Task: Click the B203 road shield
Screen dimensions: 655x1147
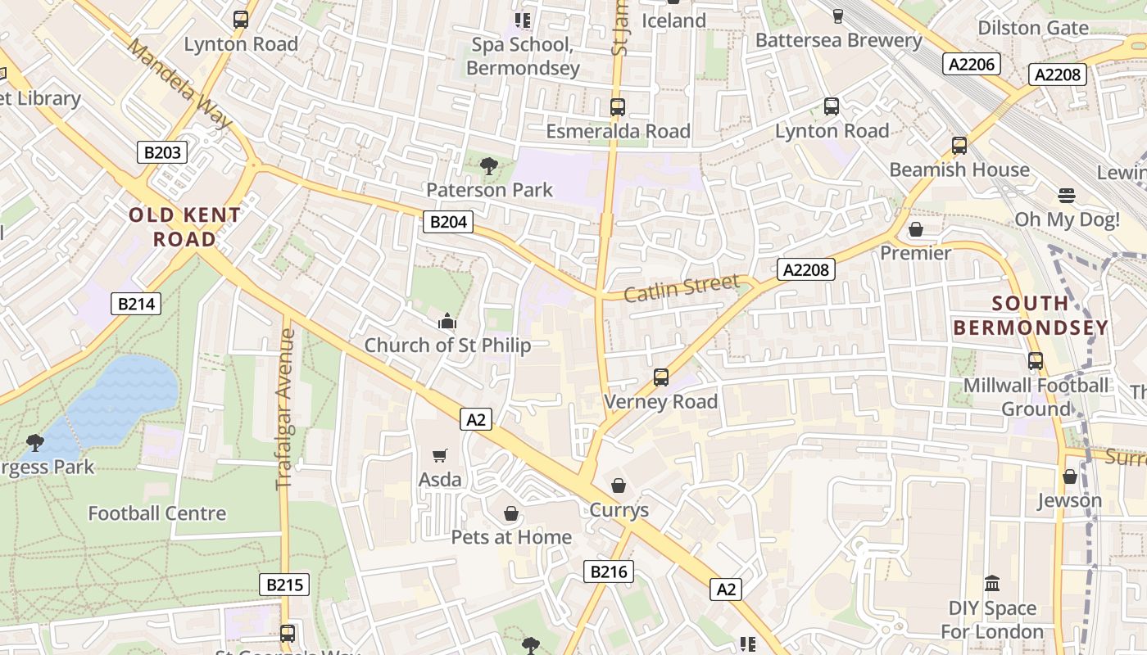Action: click(161, 152)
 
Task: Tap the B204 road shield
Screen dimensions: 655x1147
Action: click(448, 221)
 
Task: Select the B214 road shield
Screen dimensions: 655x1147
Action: click(136, 304)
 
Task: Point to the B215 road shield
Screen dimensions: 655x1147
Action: click(284, 585)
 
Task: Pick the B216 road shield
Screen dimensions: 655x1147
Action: click(609, 571)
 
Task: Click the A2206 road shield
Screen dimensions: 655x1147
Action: click(971, 64)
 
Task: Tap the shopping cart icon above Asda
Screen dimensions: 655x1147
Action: click(440, 455)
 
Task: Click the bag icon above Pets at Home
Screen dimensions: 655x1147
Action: click(511, 513)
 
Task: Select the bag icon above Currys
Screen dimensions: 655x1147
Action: click(619, 486)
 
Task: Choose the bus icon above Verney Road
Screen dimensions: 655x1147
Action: click(661, 377)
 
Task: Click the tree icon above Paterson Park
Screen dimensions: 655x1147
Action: click(489, 166)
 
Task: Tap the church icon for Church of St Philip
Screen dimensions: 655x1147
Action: click(447, 321)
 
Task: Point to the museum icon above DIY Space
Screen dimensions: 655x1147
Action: click(992, 584)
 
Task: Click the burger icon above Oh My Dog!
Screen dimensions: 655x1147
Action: click(1066, 196)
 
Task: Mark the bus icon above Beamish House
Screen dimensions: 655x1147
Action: click(959, 146)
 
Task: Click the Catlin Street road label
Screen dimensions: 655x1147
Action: click(681, 288)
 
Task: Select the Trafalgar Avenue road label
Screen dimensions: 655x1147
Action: click(285, 409)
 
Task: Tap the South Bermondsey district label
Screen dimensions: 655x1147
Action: click(1031, 315)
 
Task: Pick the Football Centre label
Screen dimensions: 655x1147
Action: click(156, 513)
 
